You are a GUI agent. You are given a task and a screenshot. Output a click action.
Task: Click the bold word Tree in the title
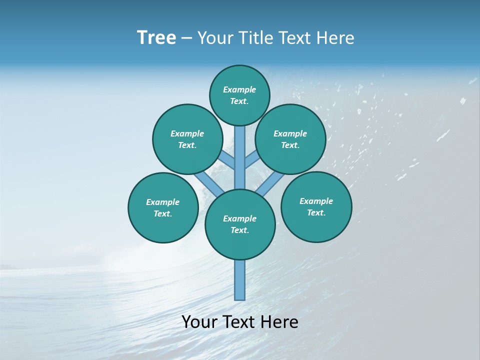coord(156,37)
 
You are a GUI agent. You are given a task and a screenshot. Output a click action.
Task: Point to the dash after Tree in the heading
coord(187,38)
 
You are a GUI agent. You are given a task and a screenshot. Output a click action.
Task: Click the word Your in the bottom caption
coord(200,322)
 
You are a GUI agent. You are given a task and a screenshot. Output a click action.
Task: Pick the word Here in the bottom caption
coord(279,322)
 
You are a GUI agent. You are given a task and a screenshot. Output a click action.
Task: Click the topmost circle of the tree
coord(239,95)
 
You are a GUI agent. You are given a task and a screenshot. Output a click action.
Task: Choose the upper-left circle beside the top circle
coord(187,139)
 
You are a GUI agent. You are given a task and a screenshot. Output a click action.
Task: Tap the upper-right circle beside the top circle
coord(290,139)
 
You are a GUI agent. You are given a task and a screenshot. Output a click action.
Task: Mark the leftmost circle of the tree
coord(163,207)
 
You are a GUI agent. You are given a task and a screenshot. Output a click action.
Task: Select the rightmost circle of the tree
coord(316,206)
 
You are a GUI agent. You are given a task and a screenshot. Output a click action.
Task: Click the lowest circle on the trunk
coord(240,224)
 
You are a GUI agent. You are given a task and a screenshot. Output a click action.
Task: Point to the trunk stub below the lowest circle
coord(240,280)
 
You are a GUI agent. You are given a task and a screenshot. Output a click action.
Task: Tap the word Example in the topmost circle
coord(239,89)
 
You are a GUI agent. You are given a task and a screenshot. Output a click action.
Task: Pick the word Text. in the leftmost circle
coord(163,213)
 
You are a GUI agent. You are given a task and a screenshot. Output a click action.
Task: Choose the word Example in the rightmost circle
coord(316,201)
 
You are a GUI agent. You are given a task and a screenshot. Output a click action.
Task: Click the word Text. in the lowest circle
coord(240,230)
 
